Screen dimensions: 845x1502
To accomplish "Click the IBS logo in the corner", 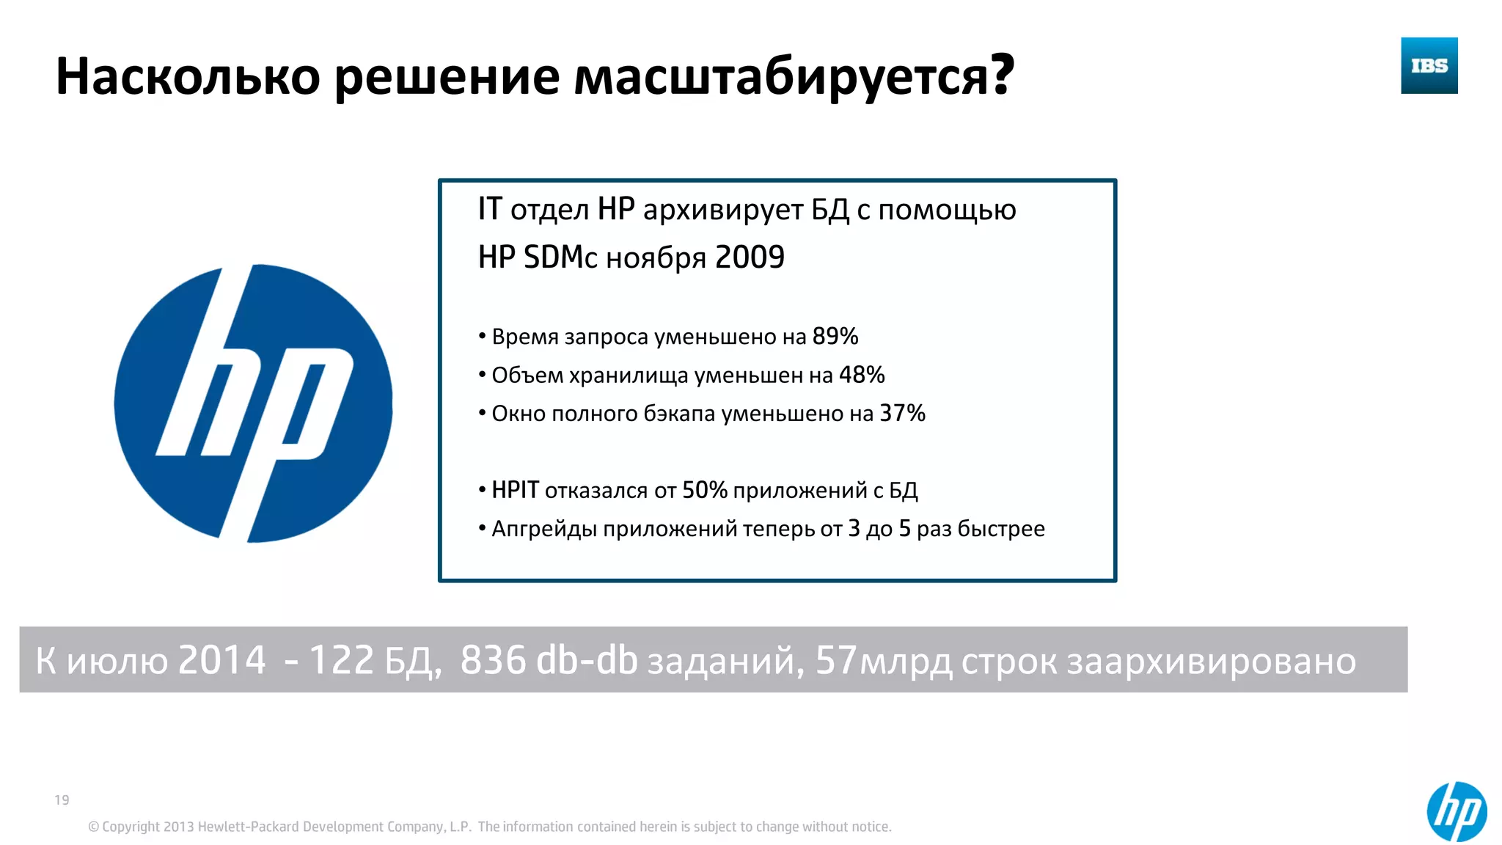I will pos(1429,65).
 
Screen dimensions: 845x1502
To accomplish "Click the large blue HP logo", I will pos(253,403).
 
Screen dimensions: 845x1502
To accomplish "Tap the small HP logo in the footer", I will pos(1457,811).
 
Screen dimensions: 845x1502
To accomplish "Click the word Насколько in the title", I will pos(188,76).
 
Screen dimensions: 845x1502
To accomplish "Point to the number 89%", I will pos(835,336).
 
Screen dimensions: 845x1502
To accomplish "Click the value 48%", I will pos(862,375).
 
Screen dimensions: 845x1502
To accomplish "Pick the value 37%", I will pos(902,413).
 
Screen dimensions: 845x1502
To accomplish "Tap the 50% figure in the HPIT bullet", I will pos(704,490).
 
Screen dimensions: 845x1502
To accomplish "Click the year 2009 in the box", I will pos(750,257).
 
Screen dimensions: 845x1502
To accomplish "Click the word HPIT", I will pos(515,490).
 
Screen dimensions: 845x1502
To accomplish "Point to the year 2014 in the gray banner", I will pos(221,659).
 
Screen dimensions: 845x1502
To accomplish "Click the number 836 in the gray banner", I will pos(493,659).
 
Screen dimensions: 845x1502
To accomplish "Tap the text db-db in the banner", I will pos(587,659).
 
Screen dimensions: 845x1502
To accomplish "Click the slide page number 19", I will pos(62,800).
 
